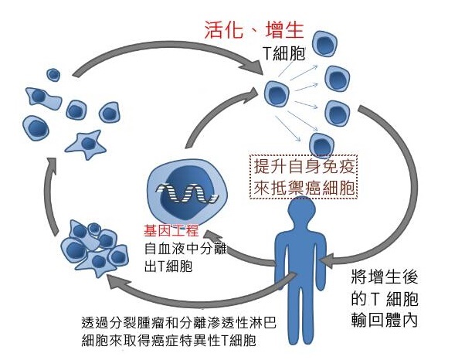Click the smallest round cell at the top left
[x=53, y=75]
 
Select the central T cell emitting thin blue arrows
[x=277, y=93]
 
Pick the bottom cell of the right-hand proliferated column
[x=321, y=144]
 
